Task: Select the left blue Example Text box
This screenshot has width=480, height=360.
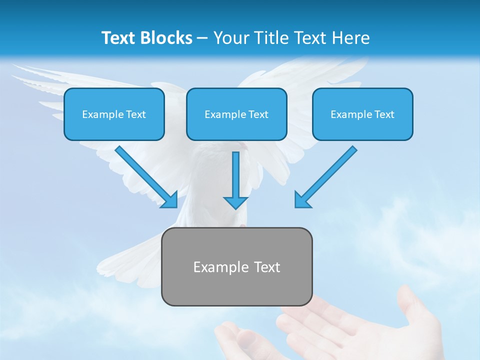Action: [x=114, y=114]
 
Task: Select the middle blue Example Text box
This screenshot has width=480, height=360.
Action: [x=236, y=114]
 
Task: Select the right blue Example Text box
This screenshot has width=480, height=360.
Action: [x=362, y=114]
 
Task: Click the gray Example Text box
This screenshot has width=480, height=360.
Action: [x=236, y=266]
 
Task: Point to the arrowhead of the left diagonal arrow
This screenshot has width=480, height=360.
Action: [x=170, y=200]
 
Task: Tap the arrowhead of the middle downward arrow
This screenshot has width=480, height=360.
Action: [x=235, y=202]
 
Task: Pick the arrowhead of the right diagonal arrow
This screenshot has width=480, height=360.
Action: [x=301, y=200]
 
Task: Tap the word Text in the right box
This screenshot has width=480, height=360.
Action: [x=384, y=114]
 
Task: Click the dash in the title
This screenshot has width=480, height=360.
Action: [x=202, y=38]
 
